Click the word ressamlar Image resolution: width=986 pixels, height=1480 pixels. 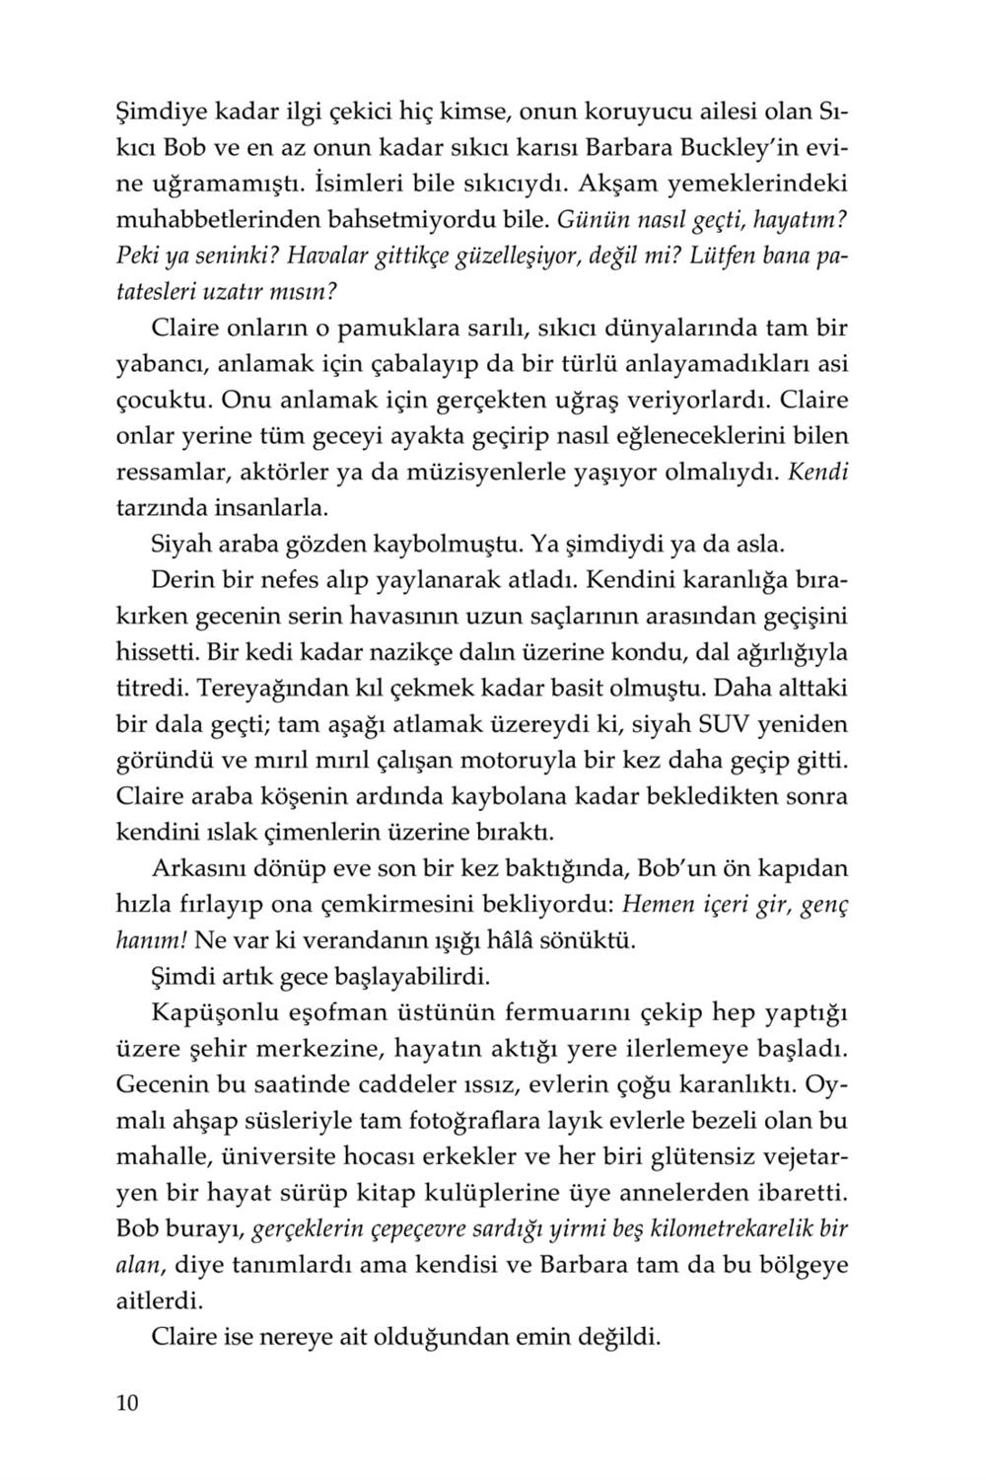point(171,472)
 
